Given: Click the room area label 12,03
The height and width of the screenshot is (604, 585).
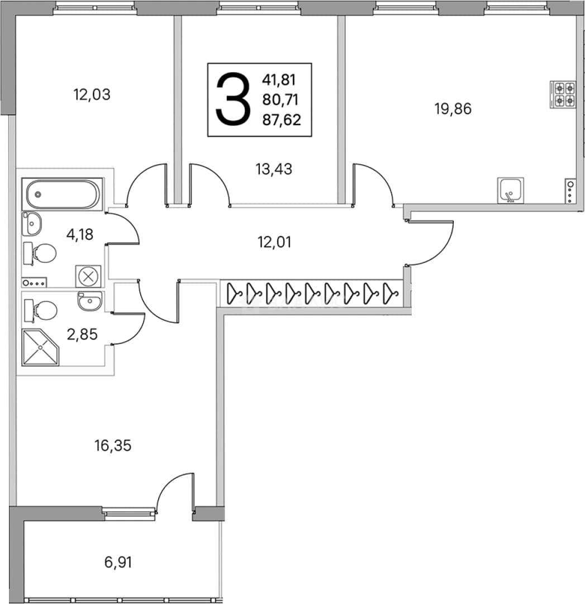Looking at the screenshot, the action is click(92, 95).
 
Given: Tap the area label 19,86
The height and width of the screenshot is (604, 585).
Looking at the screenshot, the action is click(453, 109).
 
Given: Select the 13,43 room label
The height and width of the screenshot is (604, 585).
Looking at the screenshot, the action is click(274, 169).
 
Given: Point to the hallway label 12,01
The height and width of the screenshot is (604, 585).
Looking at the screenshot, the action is click(274, 242).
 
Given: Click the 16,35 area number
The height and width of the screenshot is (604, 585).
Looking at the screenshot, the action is click(113, 446).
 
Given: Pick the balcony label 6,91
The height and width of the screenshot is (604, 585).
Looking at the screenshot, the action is click(118, 563).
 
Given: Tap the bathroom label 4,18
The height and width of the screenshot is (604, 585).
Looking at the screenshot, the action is click(80, 234).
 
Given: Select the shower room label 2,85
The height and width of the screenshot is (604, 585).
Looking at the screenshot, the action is click(82, 334).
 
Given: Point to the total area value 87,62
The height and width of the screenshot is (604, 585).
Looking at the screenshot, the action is click(282, 120).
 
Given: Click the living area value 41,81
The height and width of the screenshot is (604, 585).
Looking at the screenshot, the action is click(279, 80).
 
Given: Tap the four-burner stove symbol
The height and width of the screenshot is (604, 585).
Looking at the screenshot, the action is click(563, 95).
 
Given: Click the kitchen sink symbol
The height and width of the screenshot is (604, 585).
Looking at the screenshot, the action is click(511, 190).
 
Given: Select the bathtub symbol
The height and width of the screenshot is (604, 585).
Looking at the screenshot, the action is click(63, 194).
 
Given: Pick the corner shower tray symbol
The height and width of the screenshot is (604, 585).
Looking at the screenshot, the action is click(40, 347).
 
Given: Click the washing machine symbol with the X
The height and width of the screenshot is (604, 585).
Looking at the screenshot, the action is click(88, 276).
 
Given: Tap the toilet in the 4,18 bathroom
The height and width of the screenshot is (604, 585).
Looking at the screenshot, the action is click(40, 253).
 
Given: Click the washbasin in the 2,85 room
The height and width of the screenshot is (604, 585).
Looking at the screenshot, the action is click(89, 301).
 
